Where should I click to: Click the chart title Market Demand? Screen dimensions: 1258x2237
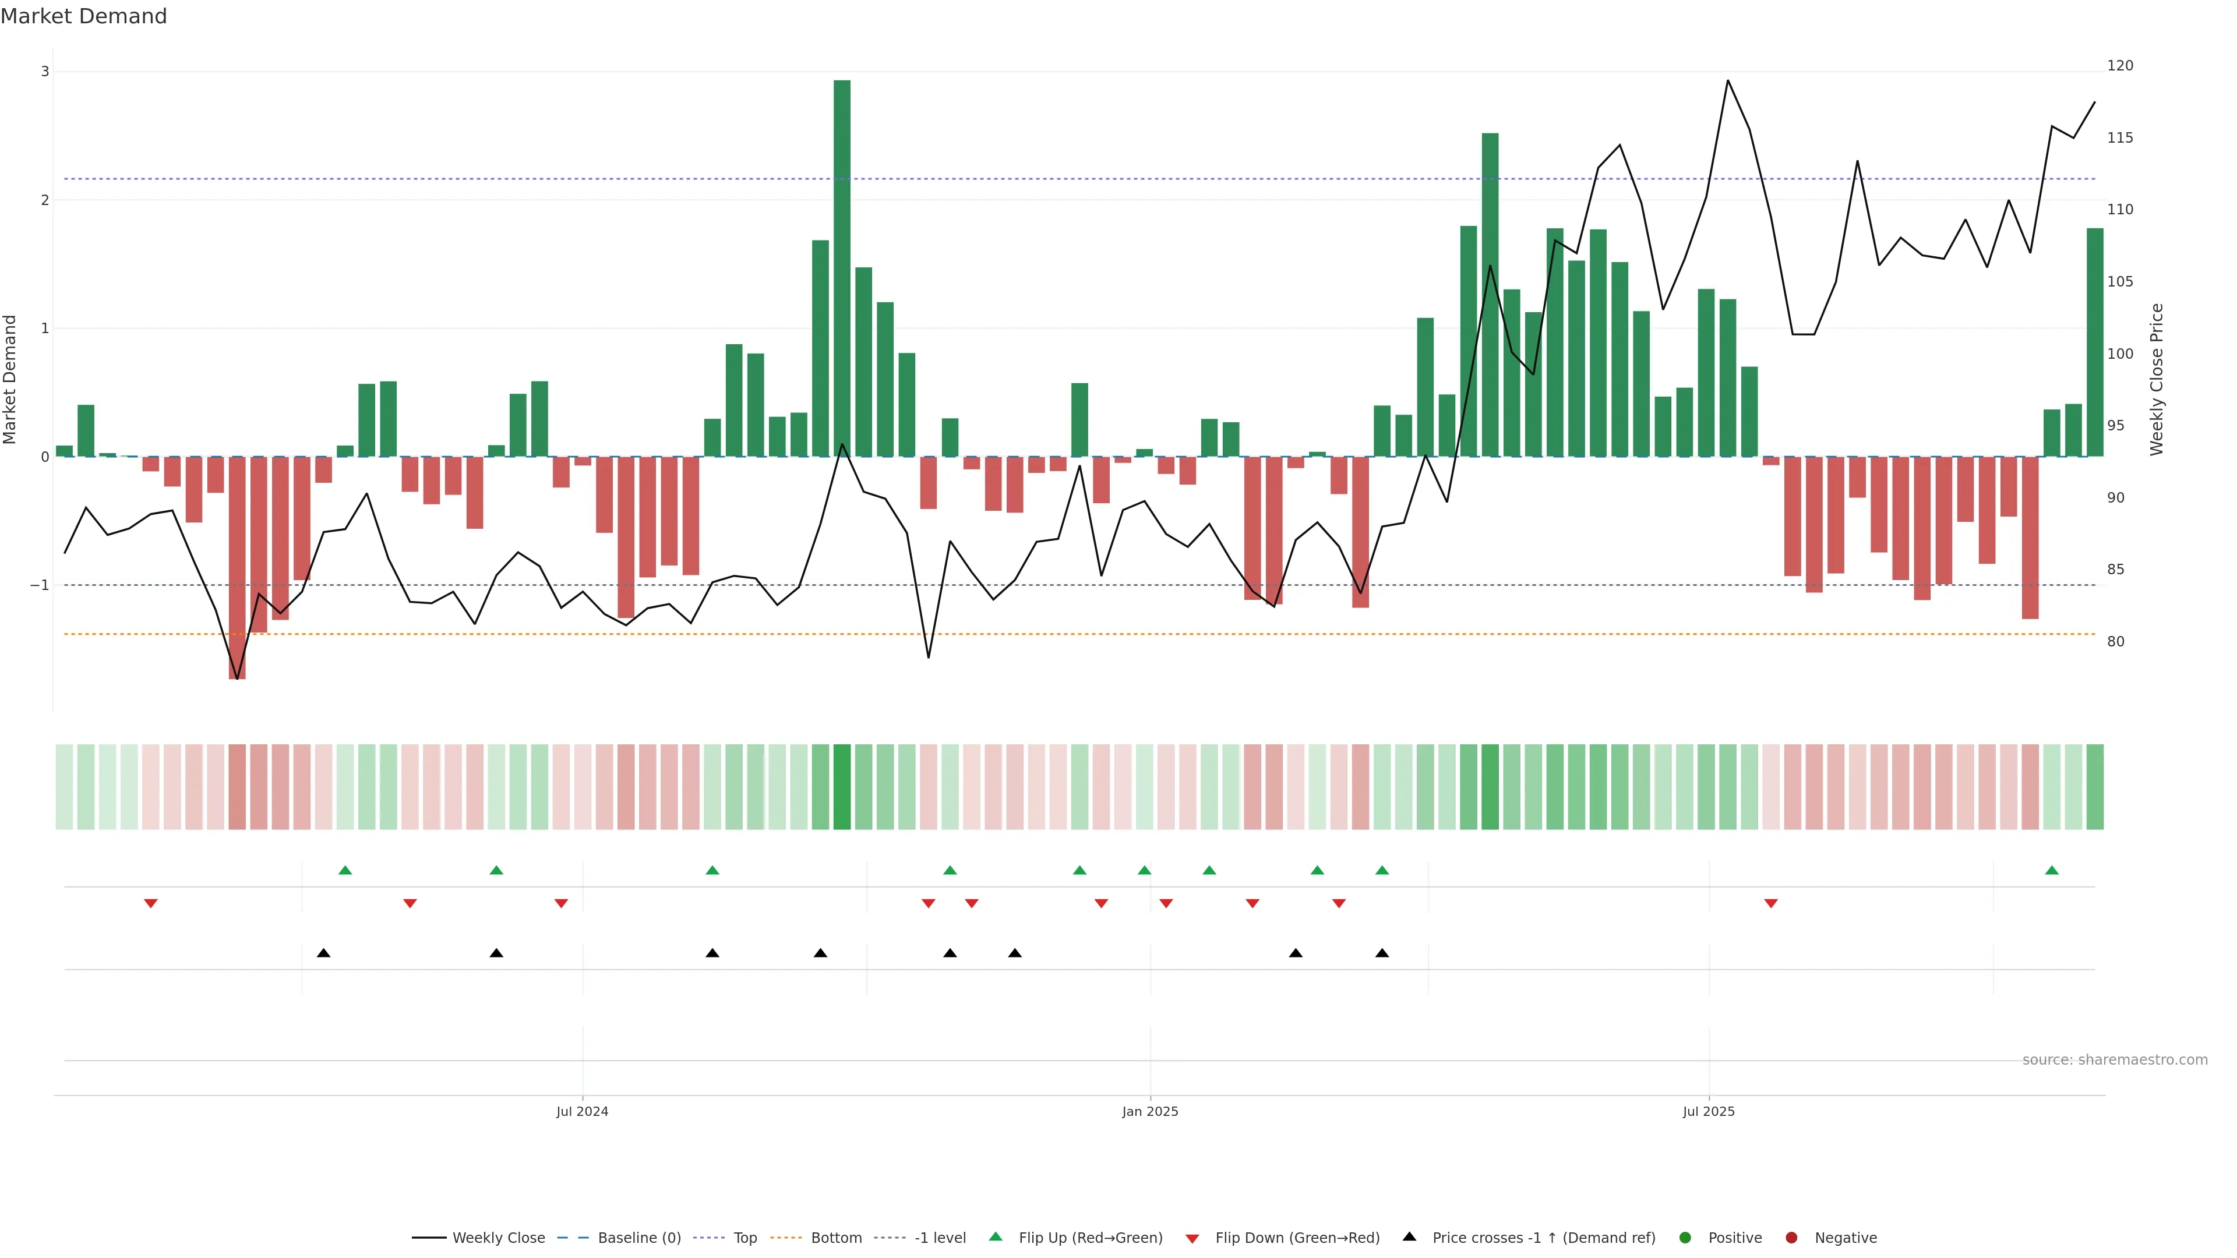83,16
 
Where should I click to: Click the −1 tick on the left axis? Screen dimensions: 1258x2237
40,585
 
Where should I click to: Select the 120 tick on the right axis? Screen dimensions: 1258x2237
2119,66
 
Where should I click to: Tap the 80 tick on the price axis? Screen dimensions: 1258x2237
2115,642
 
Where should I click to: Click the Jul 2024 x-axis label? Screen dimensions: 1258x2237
582,1111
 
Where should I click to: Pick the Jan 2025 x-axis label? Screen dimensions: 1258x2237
1150,1111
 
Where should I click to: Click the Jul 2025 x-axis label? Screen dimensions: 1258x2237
1708,1111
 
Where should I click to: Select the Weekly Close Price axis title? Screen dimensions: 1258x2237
2157,379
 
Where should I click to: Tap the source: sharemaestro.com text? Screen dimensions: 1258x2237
2115,1060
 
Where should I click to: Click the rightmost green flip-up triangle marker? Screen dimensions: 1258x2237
2051,870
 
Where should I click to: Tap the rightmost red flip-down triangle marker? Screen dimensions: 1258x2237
1771,904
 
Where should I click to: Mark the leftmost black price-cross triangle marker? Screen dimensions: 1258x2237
323,953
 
